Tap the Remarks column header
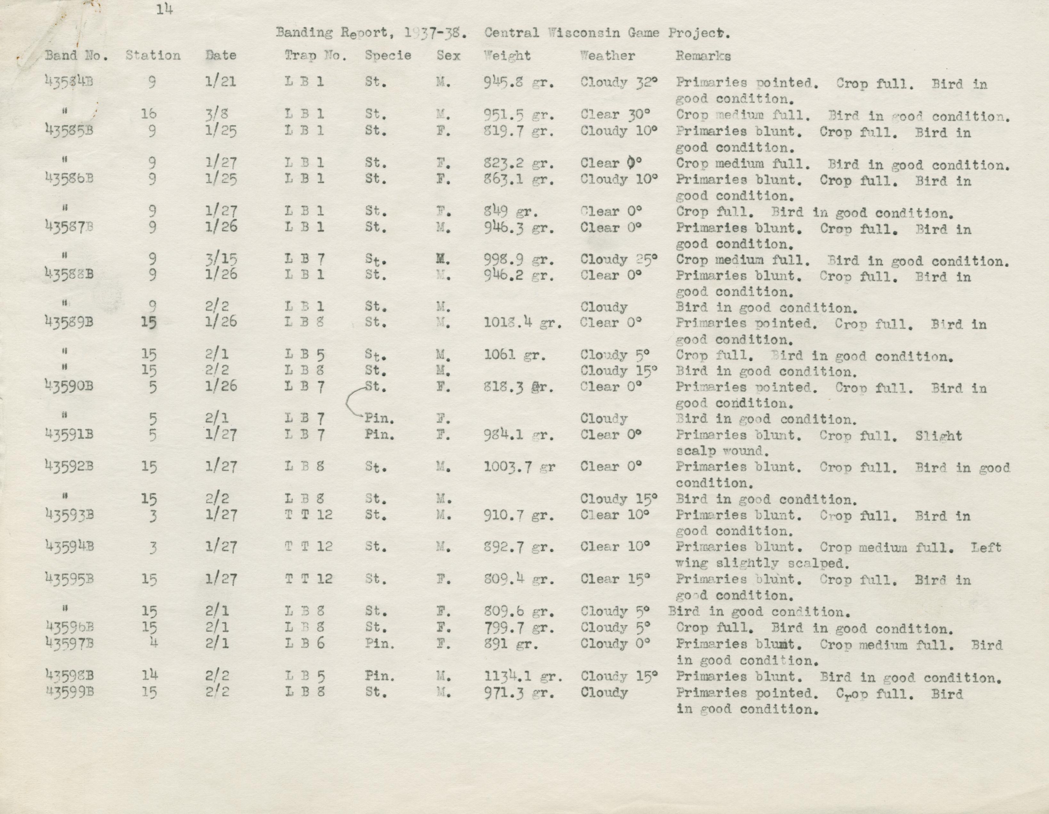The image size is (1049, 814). pyautogui.click(x=703, y=56)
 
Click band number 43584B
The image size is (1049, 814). pyautogui.click(x=69, y=82)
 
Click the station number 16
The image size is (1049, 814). pyautogui.click(x=149, y=114)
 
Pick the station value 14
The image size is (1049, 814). pyautogui.click(x=149, y=675)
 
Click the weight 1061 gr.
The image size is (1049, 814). pyautogui.click(x=514, y=355)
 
